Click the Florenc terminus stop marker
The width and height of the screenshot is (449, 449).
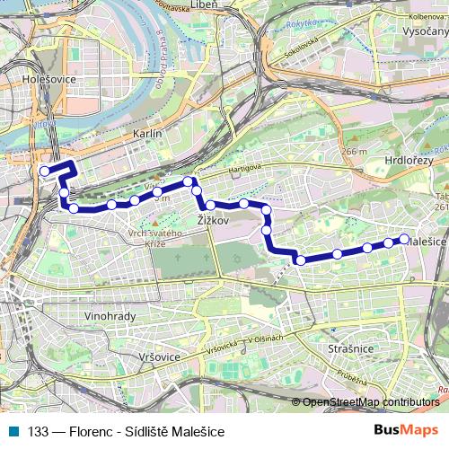tap(44, 171)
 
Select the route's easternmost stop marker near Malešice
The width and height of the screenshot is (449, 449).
tap(404, 239)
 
